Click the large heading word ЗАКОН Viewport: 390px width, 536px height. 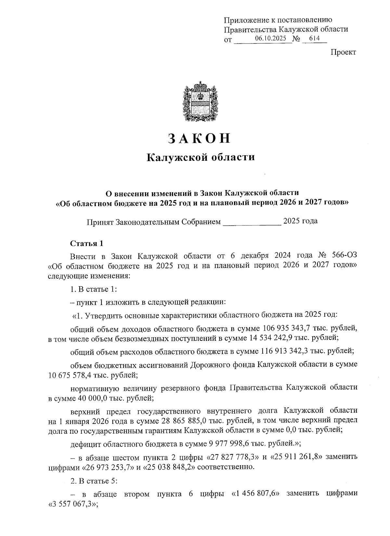point(199,138)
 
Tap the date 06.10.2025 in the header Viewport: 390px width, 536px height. point(270,38)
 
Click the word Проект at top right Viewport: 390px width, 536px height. point(343,52)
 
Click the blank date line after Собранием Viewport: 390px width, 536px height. point(252,222)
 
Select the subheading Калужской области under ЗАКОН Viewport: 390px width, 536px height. point(201,158)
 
